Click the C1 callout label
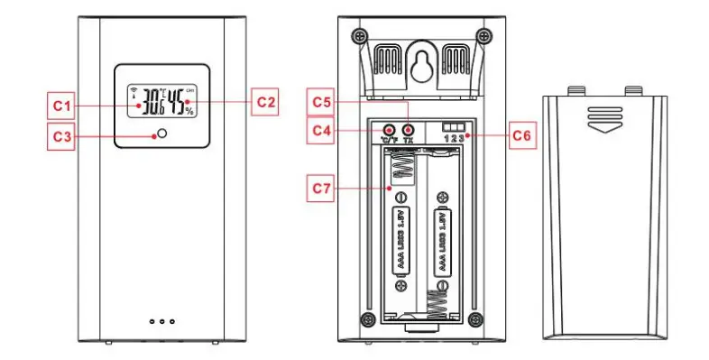click(60, 105)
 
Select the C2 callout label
click(264, 101)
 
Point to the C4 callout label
click(323, 130)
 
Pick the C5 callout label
click(323, 101)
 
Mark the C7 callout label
click(323, 188)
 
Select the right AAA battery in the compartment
click(442, 238)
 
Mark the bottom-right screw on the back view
click(480, 318)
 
